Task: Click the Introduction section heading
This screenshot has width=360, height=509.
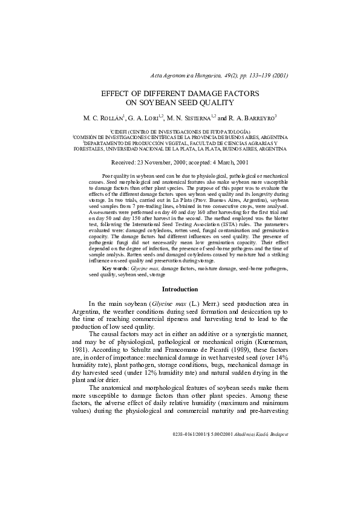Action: tap(180, 290)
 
